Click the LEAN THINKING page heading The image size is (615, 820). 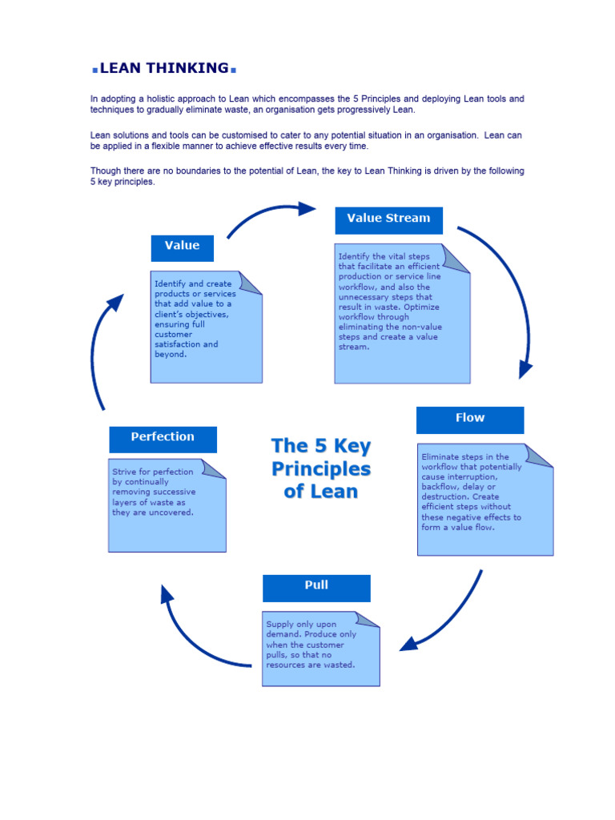[163, 68]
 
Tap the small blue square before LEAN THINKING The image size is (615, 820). [94, 70]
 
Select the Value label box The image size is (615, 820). [182, 247]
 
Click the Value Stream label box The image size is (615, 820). [388, 219]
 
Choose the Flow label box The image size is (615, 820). [469, 419]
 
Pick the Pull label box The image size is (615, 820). [316, 586]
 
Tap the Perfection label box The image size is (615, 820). [163, 438]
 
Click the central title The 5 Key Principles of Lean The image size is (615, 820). [320, 468]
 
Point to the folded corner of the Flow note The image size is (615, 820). [541, 455]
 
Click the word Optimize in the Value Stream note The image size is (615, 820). [421, 307]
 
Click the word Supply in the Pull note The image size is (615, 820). [280, 625]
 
